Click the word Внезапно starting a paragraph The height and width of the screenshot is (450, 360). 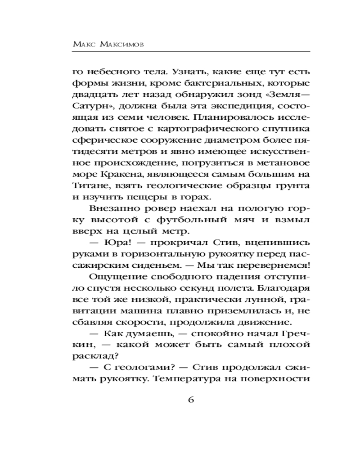pyautogui.click(x=115, y=207)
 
